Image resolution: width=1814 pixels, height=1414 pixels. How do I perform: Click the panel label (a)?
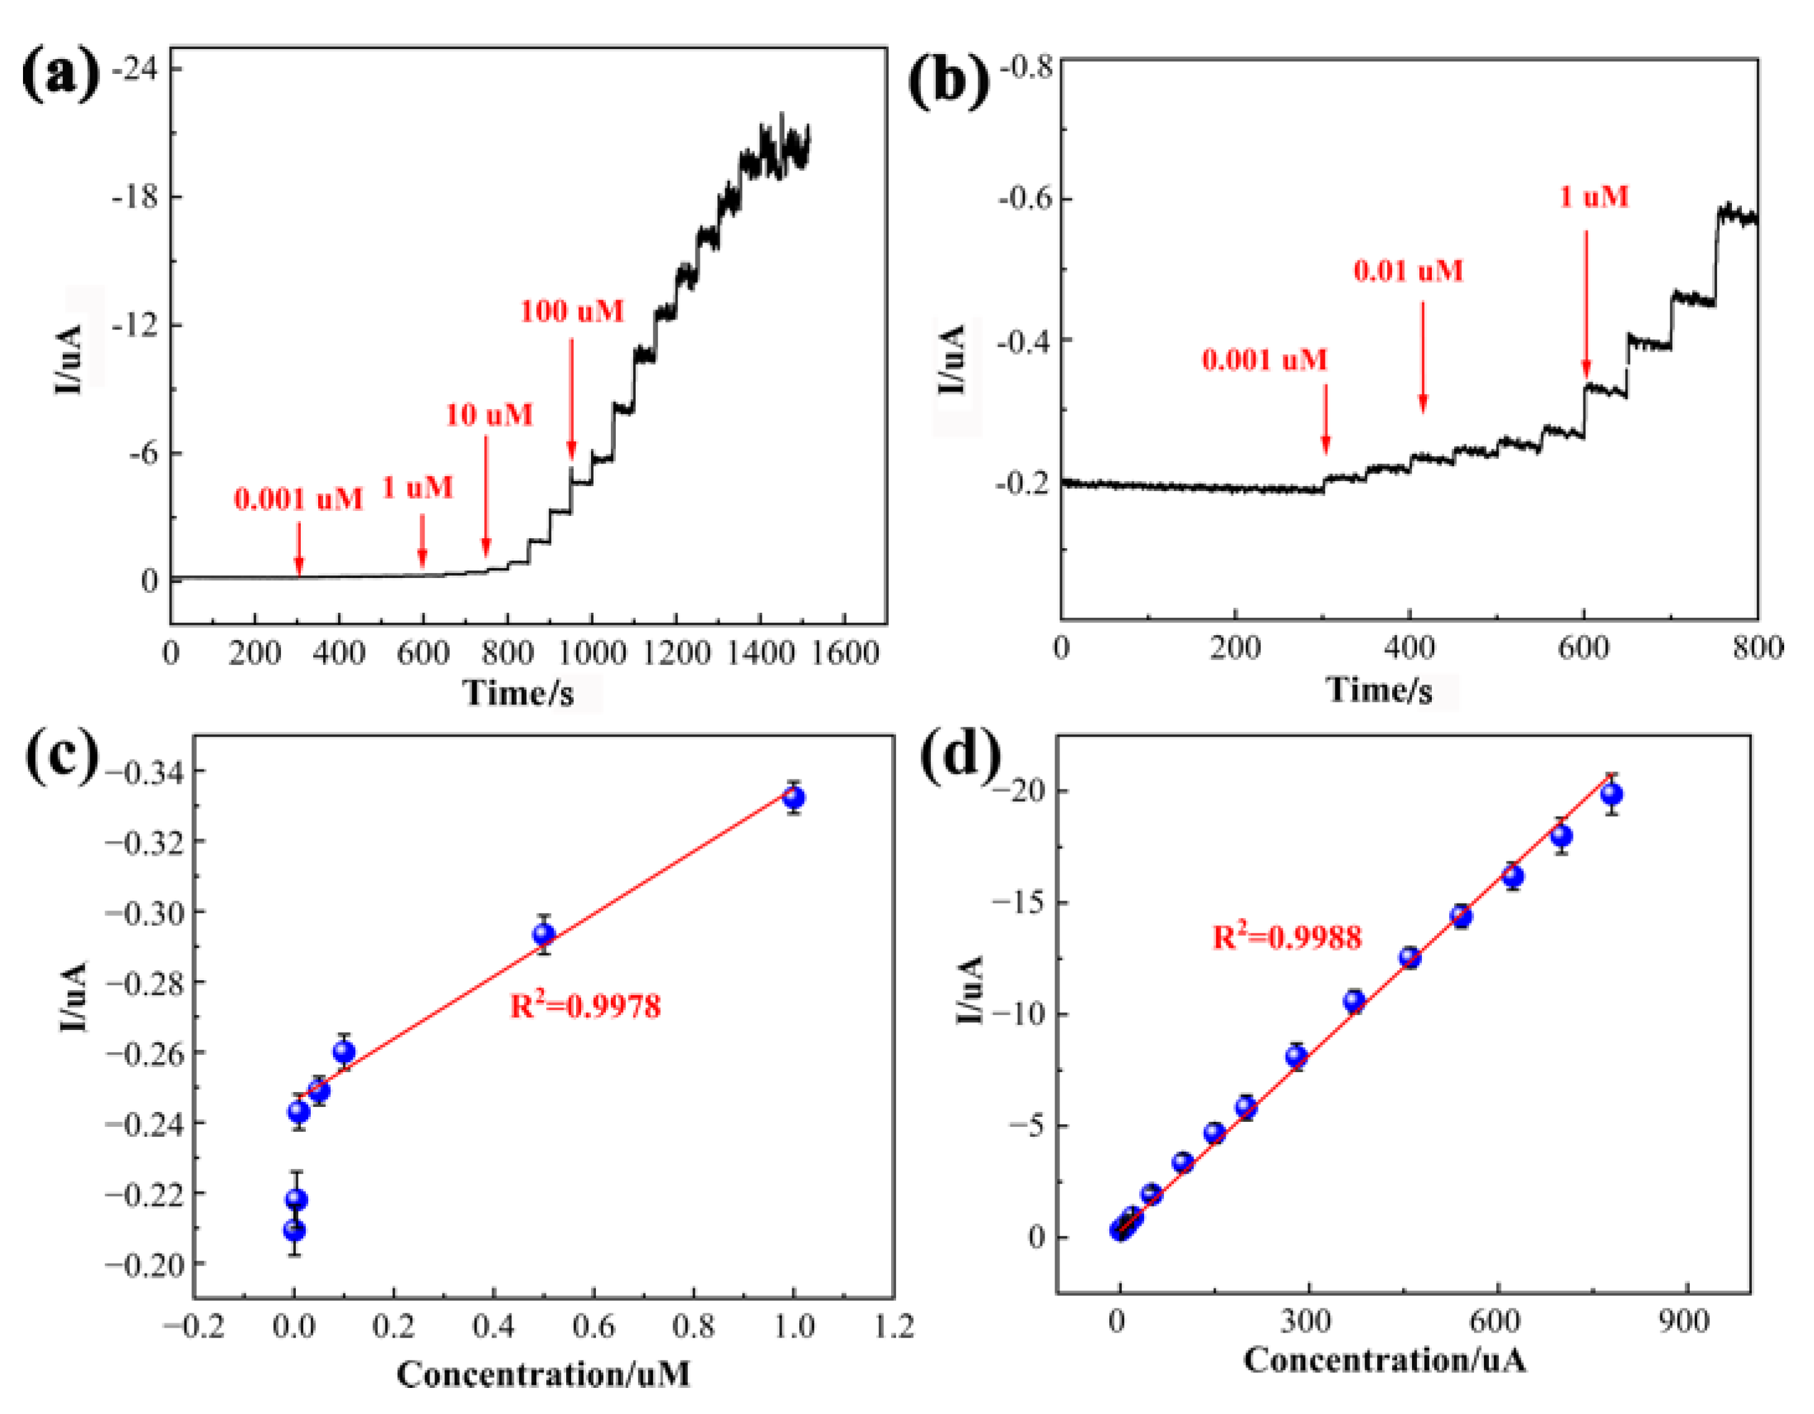pos(60,74)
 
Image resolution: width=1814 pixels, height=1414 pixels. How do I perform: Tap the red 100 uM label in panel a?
pos(572,311)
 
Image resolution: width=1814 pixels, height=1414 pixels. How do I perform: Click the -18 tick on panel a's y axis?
pos(135,198)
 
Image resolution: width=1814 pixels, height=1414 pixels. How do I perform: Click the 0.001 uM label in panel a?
pos(298,499)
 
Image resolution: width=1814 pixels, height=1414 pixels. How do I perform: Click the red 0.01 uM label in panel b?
pos(1408,271)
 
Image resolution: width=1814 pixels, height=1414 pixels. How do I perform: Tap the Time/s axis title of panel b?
pos(1379,689)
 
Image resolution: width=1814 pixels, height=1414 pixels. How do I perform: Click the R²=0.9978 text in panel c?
pos(585,1007)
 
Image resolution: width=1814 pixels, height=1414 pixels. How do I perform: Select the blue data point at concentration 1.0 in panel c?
pos(794,797)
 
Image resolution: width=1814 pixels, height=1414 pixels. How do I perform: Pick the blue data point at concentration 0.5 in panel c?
pos(543,934)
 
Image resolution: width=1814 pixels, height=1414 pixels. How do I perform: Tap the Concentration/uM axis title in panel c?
pos(543,1374)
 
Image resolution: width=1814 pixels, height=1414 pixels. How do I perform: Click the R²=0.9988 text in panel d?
pos(1286,937)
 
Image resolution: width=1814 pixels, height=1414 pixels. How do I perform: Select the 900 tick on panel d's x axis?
pos(1684,1321)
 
